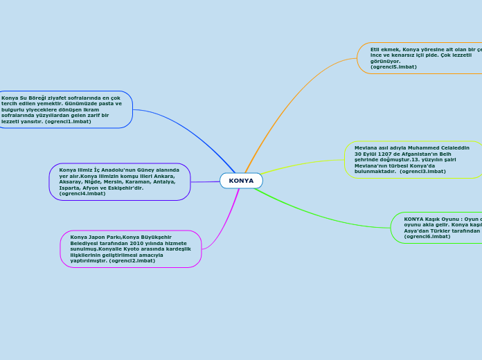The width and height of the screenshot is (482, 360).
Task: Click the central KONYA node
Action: coord(241,181)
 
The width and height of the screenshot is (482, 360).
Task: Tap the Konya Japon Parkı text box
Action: coord(130,249)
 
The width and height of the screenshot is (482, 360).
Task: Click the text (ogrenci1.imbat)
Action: coord(68,121)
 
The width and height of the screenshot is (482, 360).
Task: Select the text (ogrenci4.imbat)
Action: coord(82,194)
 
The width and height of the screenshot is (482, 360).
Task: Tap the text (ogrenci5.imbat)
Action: coord(393,66)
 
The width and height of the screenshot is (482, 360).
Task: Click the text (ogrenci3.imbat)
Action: coord(422,172)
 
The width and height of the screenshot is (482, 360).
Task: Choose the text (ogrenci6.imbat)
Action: coord(427,237)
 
